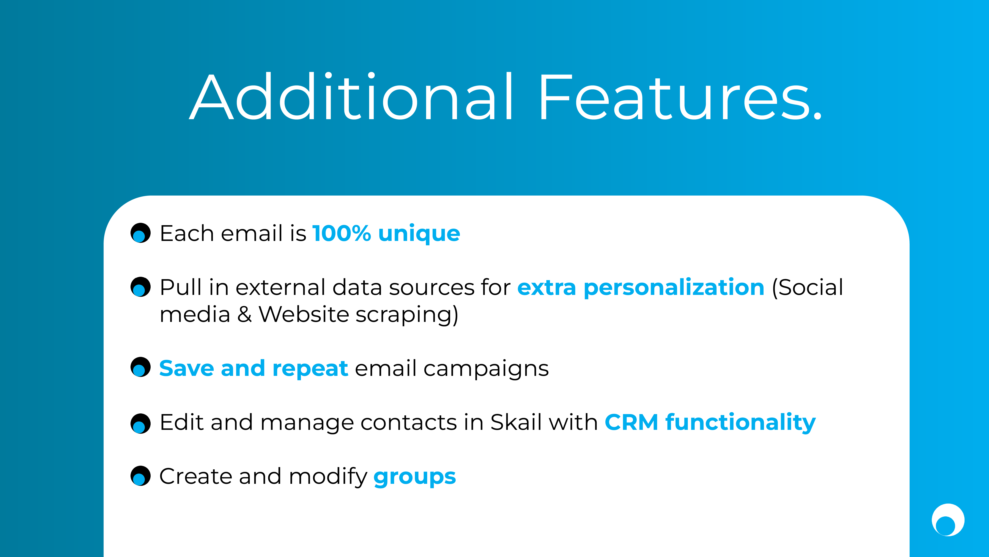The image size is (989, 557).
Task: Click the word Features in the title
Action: tap(680, 97)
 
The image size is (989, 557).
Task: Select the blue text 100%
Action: tap(342, 233)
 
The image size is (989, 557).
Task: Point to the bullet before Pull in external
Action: tap(140, 287)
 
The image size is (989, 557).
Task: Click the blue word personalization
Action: tap(674, 288)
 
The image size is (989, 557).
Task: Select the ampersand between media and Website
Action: tap(245, 314)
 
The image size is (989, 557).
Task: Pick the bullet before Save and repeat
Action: tap(140, 367)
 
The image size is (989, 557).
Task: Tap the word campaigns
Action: tap(486, 370)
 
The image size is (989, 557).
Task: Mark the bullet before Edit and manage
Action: tap(140, 424)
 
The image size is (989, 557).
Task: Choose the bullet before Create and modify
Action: tap(140, 476)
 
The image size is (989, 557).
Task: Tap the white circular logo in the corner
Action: tap(948, 520)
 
